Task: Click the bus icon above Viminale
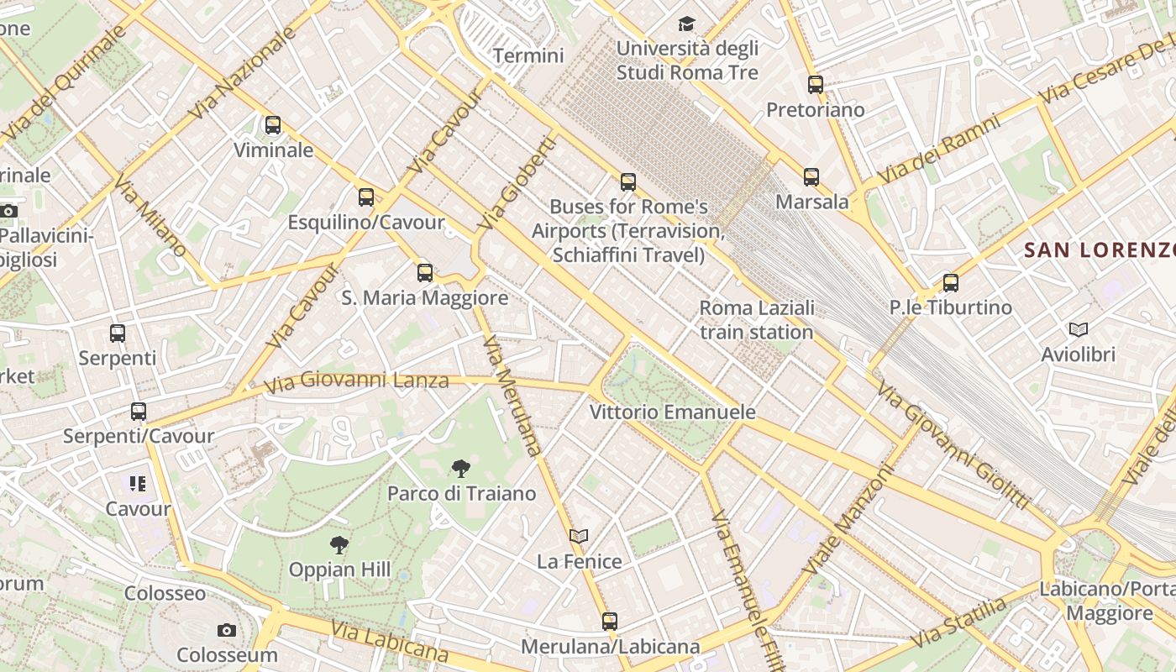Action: click(x=273, y=125)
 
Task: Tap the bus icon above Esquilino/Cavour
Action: click(x=366, y=197)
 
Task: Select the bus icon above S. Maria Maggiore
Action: click(x=425, y=272)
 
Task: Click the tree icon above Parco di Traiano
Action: click(x=460, y=469)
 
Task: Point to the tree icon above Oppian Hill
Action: click(x=339, y=545)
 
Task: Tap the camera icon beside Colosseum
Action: click(x=226, y=630)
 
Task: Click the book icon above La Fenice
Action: click(x=579, y=536)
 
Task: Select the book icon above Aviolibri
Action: click(x=1079, y=329)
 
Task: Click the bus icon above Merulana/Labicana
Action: click(x=610, y=622)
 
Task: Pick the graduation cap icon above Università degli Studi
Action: click(x=687, y=24)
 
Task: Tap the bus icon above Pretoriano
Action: click(x=816, y=85)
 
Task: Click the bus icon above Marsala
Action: click(x=811, y=177)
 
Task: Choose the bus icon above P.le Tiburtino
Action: click(x=951, y=283)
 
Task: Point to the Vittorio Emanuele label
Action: click(x=672, y=412)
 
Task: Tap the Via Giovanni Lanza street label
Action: click(x=356, y=383)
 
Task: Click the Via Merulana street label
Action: click(x=512, y=396)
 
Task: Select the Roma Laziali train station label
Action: click(x=756, y=320)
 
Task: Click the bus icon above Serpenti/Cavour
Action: click(x=139, y=412)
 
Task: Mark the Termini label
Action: click(x=528, y=56)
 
